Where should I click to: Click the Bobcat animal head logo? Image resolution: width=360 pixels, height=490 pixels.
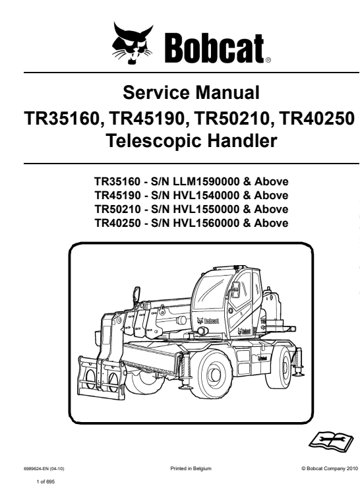133,43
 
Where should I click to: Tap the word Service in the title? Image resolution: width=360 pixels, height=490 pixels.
156,92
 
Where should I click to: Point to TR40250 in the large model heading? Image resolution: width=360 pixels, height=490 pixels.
317,119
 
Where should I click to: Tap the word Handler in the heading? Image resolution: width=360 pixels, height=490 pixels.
242,140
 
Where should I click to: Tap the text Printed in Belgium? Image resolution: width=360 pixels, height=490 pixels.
191,468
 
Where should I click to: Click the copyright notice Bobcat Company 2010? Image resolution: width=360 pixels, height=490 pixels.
330,468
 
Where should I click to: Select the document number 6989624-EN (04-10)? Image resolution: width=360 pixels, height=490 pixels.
44,469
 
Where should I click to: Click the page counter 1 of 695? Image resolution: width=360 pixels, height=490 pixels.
45,482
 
